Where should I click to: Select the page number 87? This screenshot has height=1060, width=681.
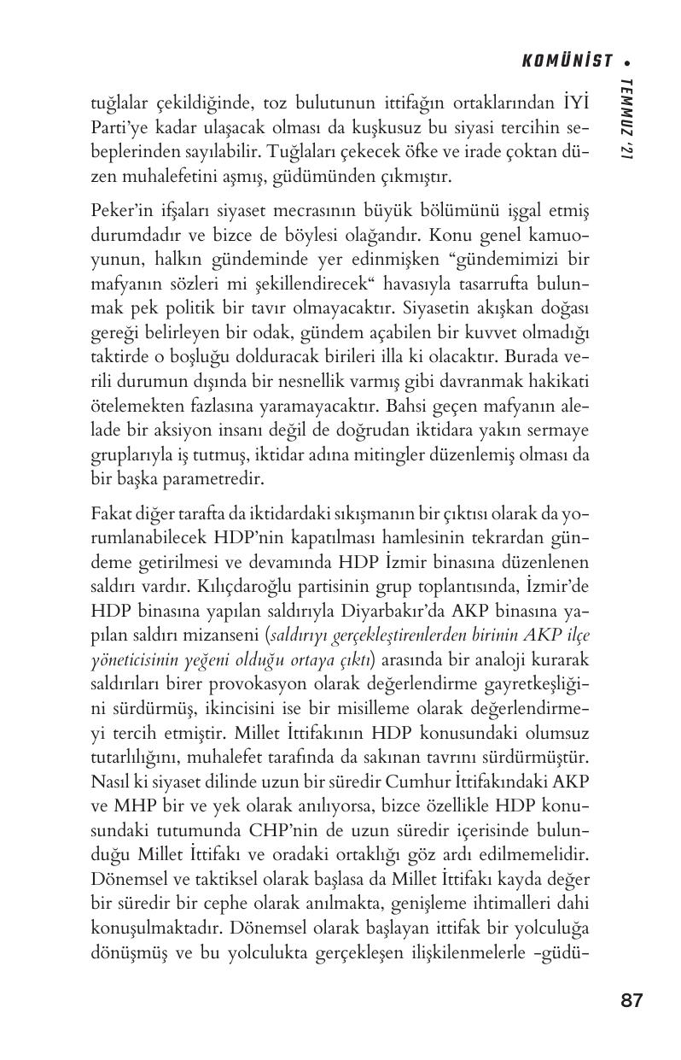tap(631, 1000)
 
